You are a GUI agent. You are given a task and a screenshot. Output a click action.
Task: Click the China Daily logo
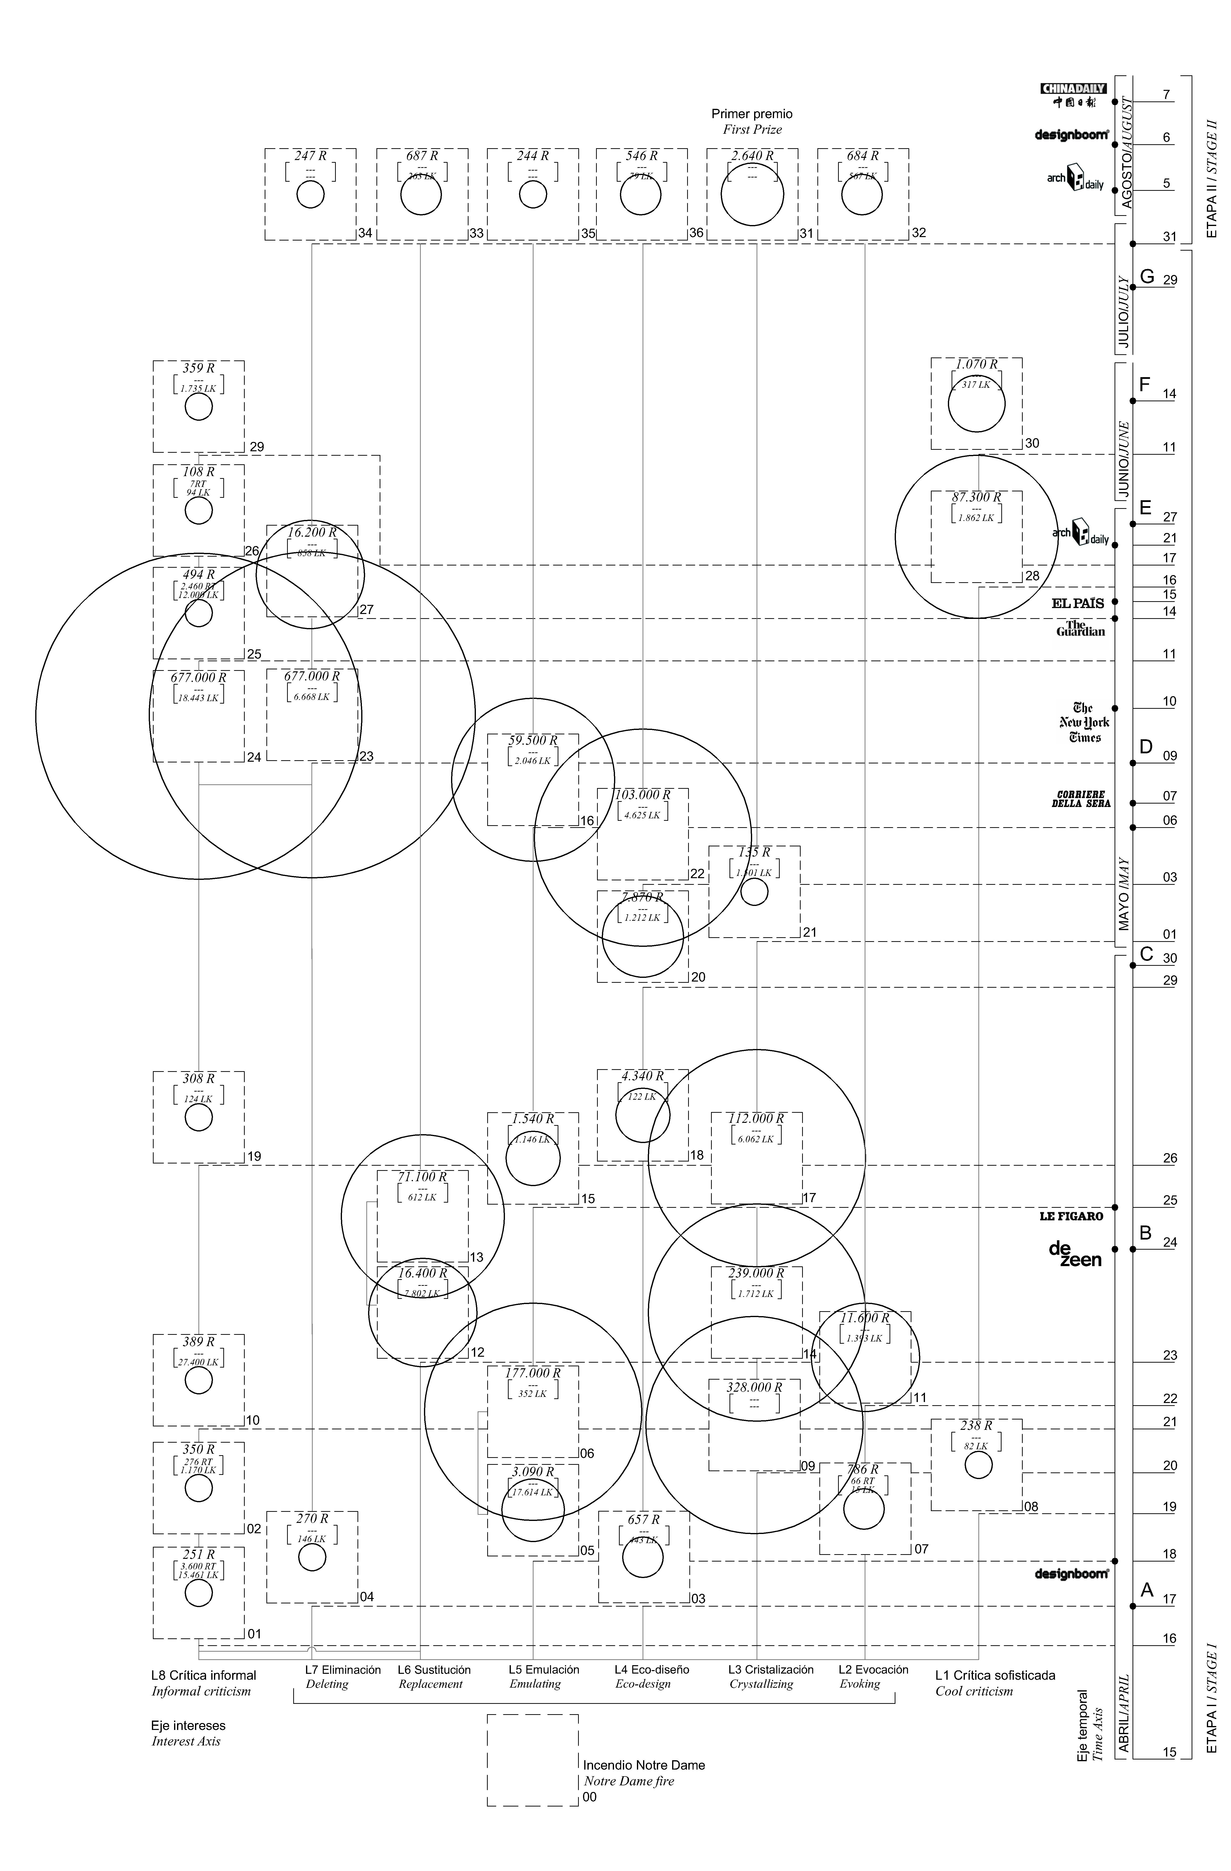click(1073, 94)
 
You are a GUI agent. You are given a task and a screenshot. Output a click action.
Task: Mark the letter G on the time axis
click(1147, 277)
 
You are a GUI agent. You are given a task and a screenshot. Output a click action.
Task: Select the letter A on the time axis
click(1147, 1590)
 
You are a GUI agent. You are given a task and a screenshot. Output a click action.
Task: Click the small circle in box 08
click(978, 1465)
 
